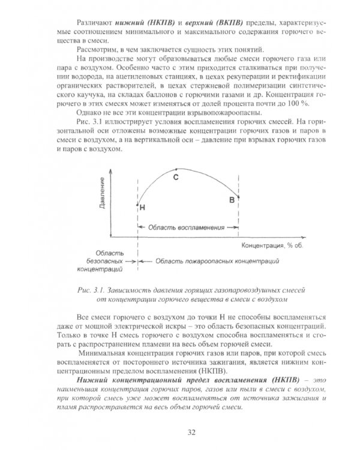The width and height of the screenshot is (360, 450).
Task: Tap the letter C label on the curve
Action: (176, 178)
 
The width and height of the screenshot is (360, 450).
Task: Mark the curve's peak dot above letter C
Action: (176, 169)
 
